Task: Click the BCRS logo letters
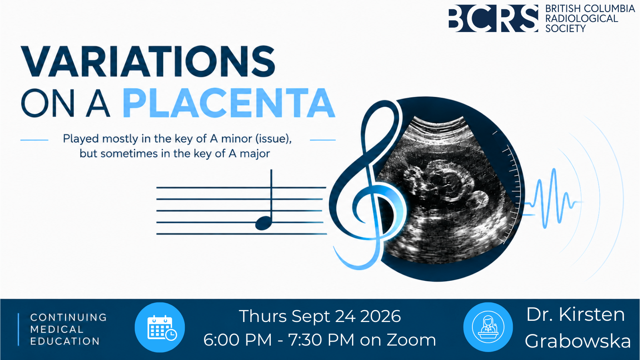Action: pyautogui.click(x=493, y=18)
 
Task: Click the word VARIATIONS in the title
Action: pyautogui.click(x=148, y=62)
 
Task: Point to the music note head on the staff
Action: pyautogui.click(x=263, y=223)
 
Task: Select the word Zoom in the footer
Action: pyautogui.click(x=412, y=340)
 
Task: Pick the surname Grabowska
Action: pyautogui.click(x=578, y=341)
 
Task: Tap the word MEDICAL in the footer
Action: pyautogui.click(x=57, y=330)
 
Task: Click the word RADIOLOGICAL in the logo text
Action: pyautogui.click(x=582, y=18)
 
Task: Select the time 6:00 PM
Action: pyautogui.click(x=238, y=340)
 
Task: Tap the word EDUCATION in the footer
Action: pyautogui.click(x=65, y=341)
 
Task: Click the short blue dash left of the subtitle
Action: pyautogui.click(x=34, y=140)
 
